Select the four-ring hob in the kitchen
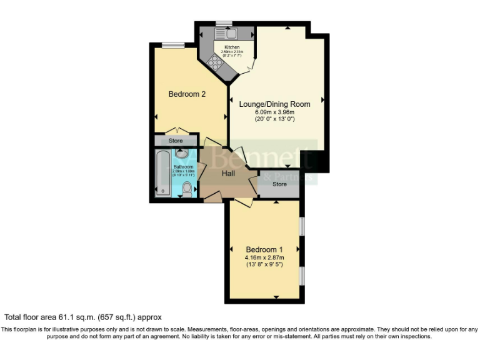tap(216, 62)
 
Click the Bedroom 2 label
tap(187, 94)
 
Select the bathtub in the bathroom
tap(162, 173)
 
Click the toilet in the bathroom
tap(187, 187)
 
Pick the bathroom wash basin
tap(182, 153)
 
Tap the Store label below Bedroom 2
tap(176, 141)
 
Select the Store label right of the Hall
tap(279, 184)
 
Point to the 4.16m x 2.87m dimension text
tap(264, 257)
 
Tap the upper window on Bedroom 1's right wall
tap(301, 226)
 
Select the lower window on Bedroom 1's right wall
tap(301, 276)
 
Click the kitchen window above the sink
tap(224, 24)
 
